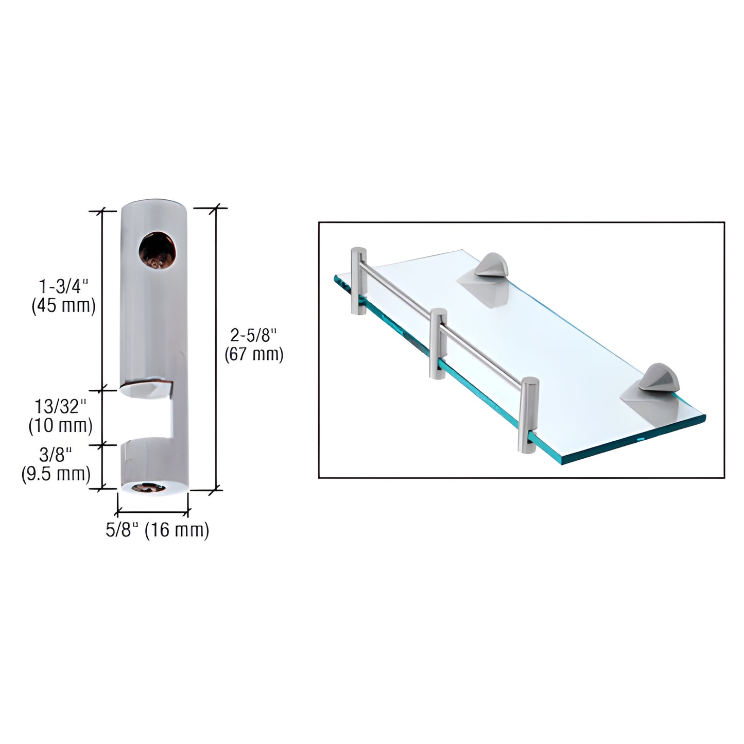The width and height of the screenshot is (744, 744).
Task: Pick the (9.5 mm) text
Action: pyautogui.click(x=56, y=473)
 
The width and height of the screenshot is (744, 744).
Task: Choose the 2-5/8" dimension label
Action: pyautogui.click(x=254, y=336)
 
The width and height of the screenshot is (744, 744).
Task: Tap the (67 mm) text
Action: pyautogui.click(x=254, y=354)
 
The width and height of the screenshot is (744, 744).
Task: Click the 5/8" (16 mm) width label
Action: pyautogui.click(x=157, y=530)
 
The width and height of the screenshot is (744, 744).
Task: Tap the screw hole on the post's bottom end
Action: pyautogui.click(x=153, y=488)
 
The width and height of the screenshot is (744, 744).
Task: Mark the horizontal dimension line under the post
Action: pyautogui.click(x=153, y=512)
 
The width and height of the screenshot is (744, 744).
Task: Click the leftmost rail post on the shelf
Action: pyautogui.click(x=358, y=281)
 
